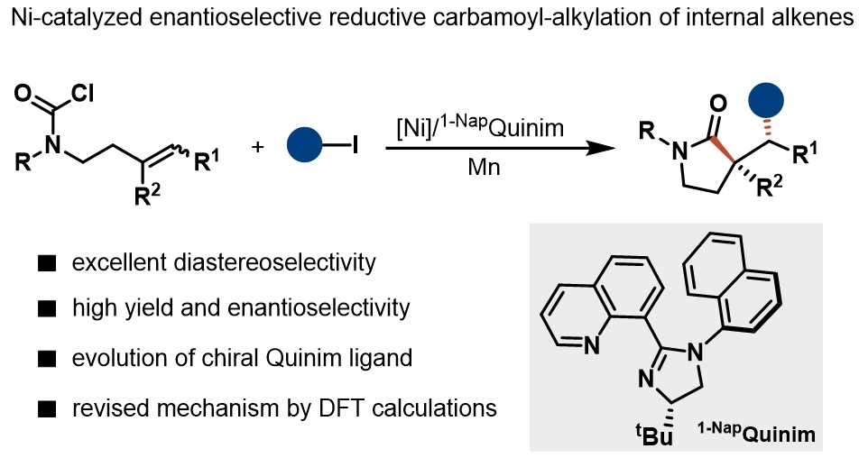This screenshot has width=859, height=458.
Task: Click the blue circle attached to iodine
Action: (306, 144)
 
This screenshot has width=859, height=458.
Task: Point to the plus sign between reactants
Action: (262, 145)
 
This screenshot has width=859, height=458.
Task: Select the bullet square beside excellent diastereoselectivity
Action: (42, 263)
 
